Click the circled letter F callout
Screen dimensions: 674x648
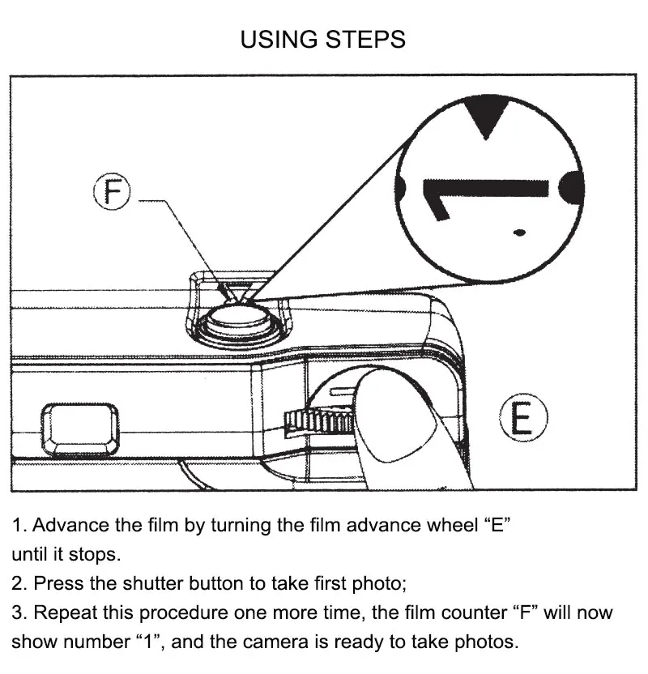coord(113,194)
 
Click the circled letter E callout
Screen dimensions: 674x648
coord(522,419)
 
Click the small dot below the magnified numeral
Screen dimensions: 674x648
coord(519,233)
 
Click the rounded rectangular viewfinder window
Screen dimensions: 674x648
coord(79,429)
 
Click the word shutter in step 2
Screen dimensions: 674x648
coord(154,582)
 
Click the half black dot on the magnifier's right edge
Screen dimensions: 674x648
coord(573,187)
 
